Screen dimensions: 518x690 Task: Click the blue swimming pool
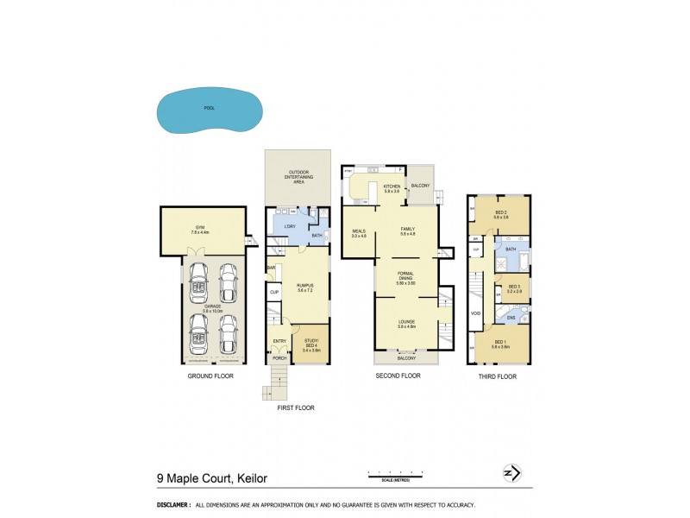point(208,111)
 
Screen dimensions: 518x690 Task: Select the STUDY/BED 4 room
point(311,347)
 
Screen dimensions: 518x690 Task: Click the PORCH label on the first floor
point(279,357)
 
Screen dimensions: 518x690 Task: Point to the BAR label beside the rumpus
point(272,268)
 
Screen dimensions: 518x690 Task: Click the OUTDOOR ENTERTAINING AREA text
point(298,177)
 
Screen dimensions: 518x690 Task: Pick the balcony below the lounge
point(406,357)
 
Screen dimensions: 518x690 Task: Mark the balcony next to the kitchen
point(420,186)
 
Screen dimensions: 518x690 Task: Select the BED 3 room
point(514,288)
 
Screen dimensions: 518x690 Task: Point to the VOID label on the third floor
point(475,313)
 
